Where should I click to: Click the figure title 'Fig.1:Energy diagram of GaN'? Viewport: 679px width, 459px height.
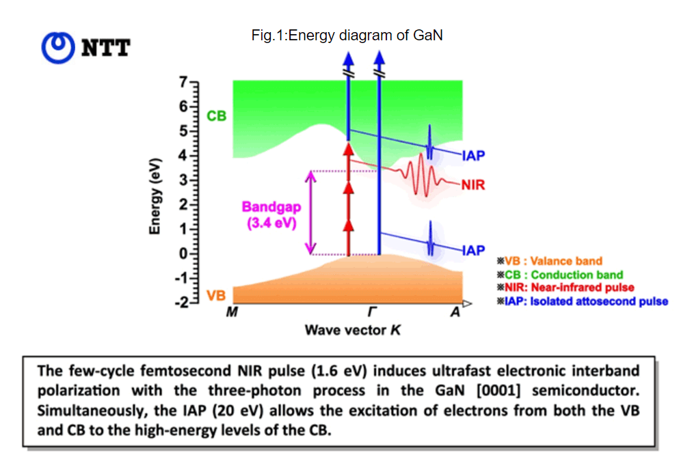coord(347,36)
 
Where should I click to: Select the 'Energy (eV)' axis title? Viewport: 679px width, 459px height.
coord(155,195)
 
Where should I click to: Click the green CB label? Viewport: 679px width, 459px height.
coord(216,116)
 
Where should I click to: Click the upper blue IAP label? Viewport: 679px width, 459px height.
coord(473,156)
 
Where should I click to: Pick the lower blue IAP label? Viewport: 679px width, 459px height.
coord(473,251)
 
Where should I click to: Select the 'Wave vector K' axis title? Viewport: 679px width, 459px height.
coord(353,331)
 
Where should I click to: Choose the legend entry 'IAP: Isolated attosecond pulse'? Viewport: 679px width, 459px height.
coord(583,301)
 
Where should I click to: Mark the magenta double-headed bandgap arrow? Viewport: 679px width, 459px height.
coord(311,212)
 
